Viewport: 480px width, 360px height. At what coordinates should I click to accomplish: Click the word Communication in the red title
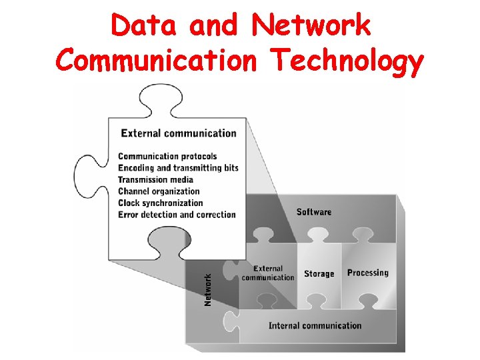[x=155, y=62]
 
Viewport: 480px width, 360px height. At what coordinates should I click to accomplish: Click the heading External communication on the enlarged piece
[x=178, y=133]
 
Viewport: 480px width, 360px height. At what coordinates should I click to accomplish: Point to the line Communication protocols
[x=167, y=157]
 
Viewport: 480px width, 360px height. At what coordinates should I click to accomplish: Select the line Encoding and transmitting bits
[x=178, y=168]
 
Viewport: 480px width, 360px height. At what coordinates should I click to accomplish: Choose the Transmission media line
[x=155, y=179]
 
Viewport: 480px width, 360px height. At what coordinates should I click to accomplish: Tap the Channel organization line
[x=159, y=191]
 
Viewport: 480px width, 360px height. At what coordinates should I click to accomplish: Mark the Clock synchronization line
[x=160, y=203]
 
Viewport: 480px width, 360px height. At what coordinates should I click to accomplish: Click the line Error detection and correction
[x=177, y=215]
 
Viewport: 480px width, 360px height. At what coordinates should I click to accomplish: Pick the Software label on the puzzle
[x=313, y=212]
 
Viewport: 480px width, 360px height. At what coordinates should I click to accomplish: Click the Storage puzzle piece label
[x=319, y=274]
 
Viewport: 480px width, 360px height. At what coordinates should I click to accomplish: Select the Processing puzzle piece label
[x=367, y=273]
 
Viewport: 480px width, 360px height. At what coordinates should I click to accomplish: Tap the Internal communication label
[x=315, y=326]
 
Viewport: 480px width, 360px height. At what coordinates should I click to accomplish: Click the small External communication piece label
[x=268, y=273]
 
